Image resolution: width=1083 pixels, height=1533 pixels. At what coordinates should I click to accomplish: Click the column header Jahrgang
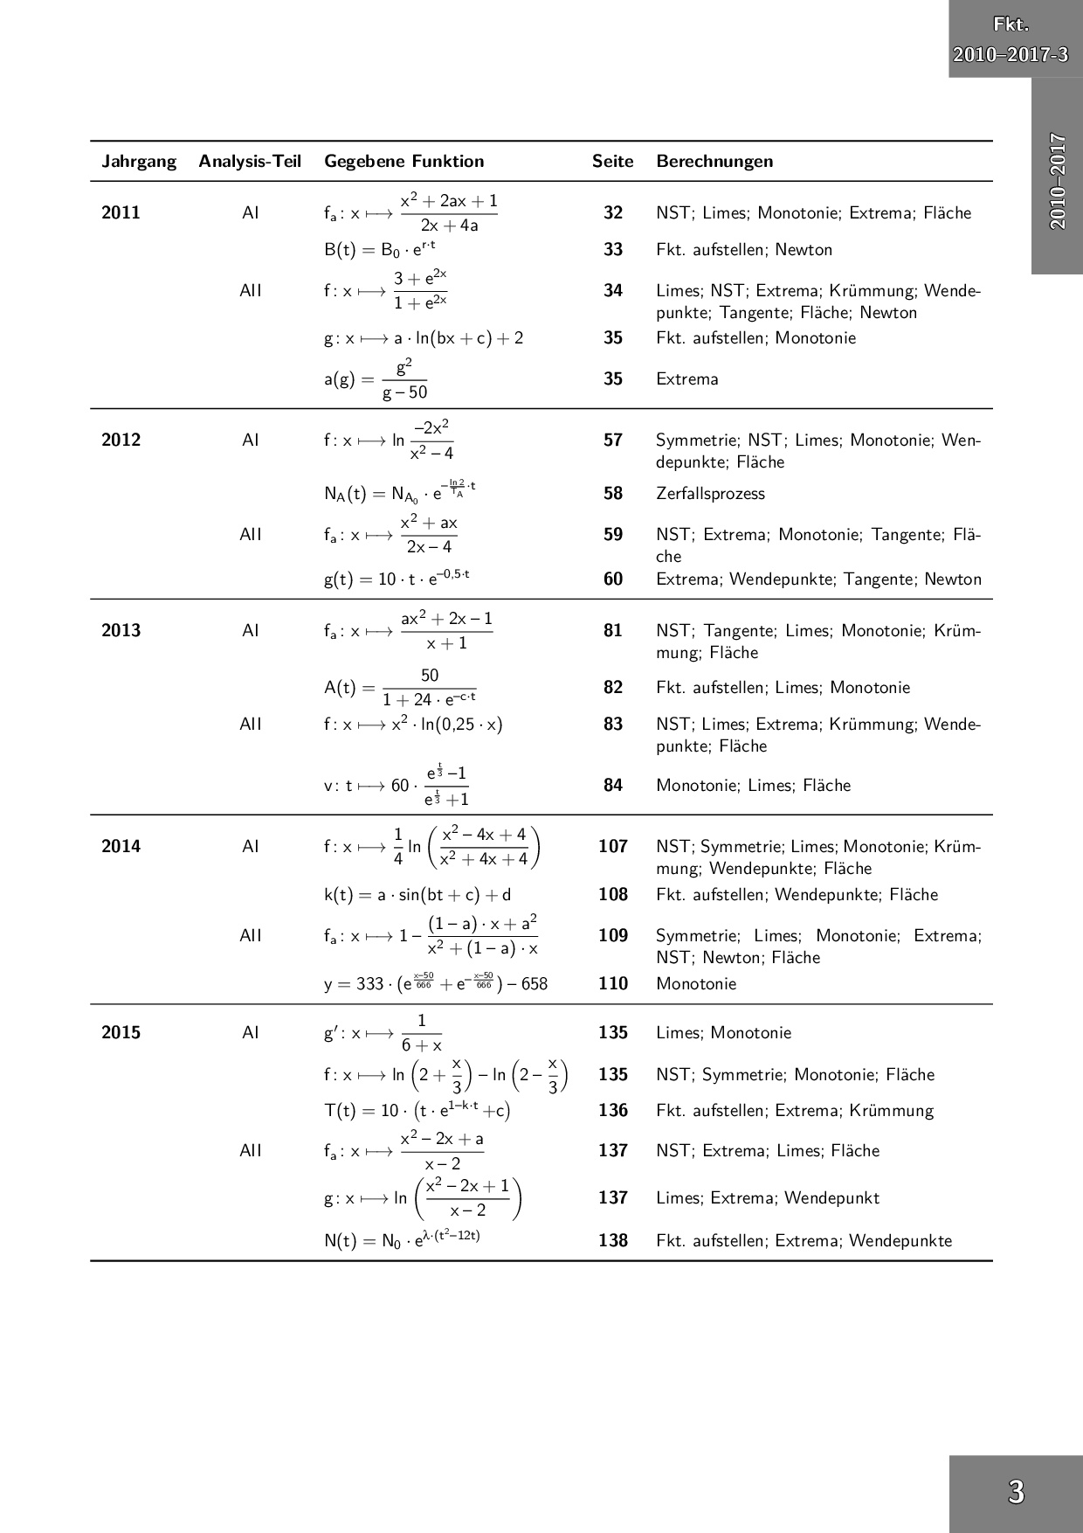click(x=139, y=162)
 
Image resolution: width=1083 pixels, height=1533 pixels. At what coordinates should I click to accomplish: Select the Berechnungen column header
click(x=714, y=162)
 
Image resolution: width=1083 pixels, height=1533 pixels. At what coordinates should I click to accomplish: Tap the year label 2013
click(x=121, y=631)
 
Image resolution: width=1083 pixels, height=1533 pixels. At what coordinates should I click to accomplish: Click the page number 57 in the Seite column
click(x=613, y=440)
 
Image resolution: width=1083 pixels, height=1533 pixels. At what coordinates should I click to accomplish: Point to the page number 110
click(x=613, y=984)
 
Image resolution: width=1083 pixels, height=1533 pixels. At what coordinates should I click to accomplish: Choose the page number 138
click(x=613, y=1241)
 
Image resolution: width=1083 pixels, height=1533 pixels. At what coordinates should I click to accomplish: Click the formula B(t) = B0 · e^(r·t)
click(x=380, y=249)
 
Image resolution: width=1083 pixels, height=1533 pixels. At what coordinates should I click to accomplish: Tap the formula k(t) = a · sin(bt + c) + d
click(x=417, y=895)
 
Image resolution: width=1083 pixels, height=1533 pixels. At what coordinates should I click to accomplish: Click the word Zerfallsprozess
click(x=710, y=494)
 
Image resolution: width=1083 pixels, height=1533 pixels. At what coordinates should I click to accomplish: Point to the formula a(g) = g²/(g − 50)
click(x=376, y=379)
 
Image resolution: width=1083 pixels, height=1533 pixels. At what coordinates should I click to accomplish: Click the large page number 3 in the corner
click(x=1016, y=1492)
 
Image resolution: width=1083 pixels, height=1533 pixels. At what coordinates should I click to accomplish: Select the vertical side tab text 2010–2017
click(x=1058, y=181)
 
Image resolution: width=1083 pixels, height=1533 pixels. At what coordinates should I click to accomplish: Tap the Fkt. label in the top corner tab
click(x=1011, y=25)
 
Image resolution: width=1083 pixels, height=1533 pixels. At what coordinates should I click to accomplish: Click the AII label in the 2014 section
click(x=251, y=936)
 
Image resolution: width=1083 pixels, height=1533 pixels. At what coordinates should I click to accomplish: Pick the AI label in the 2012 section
click(x=251, y=440)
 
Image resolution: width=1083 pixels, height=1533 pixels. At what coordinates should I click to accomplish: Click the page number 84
click(x=613, y=786)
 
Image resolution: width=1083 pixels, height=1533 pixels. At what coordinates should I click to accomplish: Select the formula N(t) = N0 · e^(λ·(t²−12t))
click(x=402, y=1241)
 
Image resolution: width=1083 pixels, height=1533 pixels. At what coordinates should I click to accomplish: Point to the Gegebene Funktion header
click(x=404, y=162)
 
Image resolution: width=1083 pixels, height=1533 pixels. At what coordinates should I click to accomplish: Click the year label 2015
click(x=121, y=1033)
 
